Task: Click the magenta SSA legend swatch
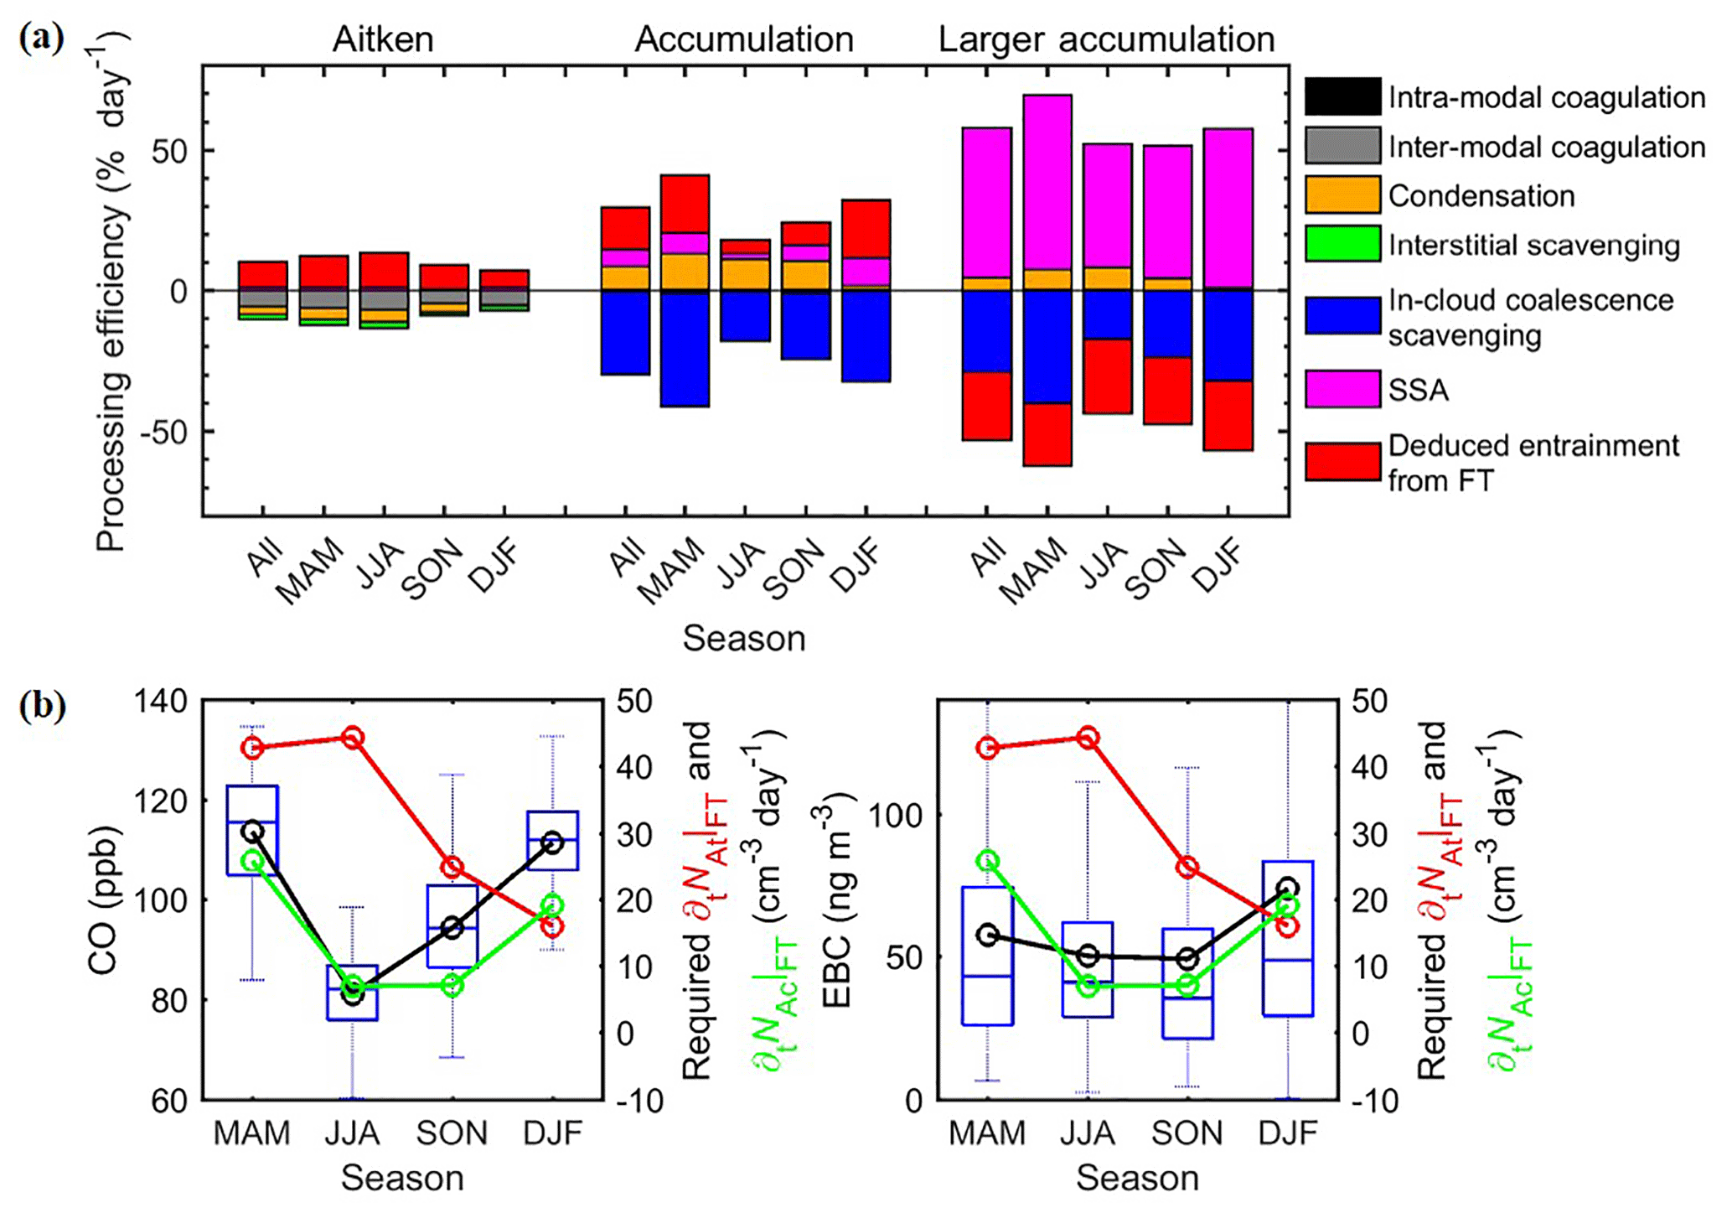click(x=1342, y=390)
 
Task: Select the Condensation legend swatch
click(x=1342, y=195)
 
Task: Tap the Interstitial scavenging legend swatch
click(x=1342, y=244)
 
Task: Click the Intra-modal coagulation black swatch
click(x=1342, y=97)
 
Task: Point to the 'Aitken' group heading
click(x=383, y=39)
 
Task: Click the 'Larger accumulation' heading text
click(x=1106, y=39)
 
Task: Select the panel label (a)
click(x=41, y=38)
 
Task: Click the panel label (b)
click(x=42, y=705)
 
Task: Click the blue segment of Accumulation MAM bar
click(x=685, y=349)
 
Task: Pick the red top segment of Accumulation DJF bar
click(x=866, y=228)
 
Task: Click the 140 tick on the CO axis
click(x=162, y=701)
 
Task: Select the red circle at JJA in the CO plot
click(x=352, y=738)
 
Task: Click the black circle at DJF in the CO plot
click(x=551, y=842)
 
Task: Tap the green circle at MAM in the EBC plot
click(x=987, y=861)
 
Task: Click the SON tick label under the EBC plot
click(x=1187, y=1133)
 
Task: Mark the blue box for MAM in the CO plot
click(x=253, y=830)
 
